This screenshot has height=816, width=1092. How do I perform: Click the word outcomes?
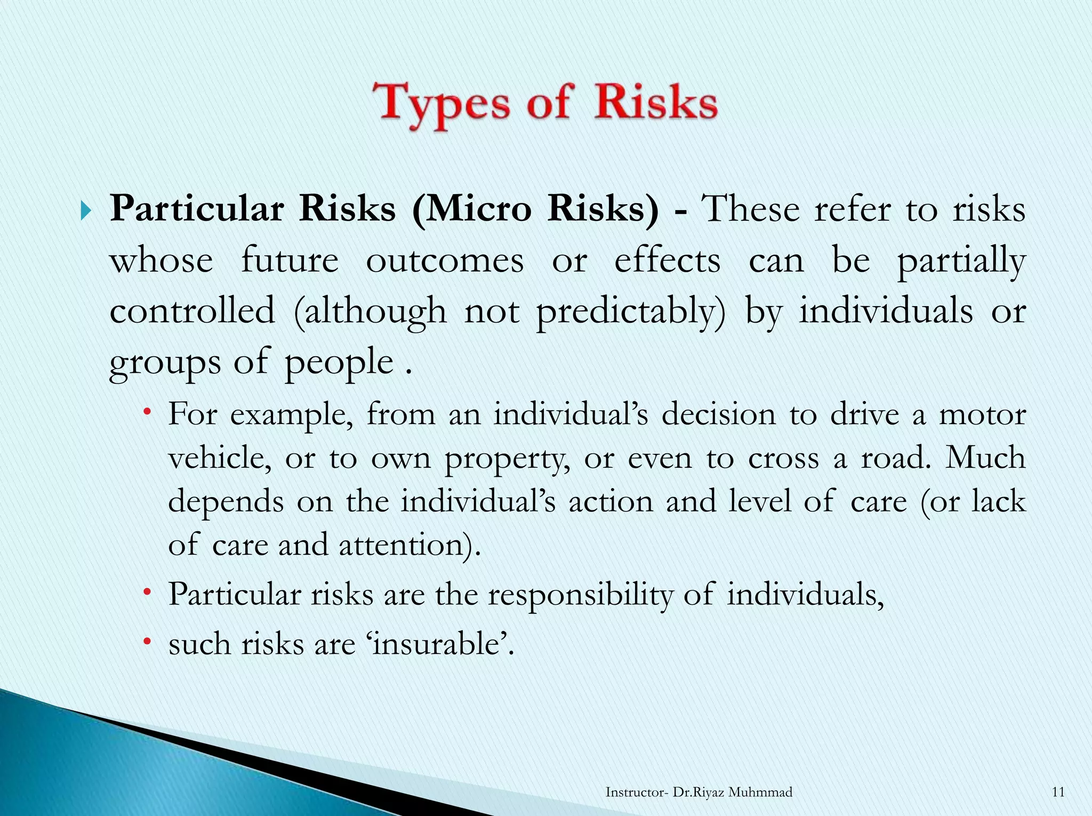(x=445, y=261)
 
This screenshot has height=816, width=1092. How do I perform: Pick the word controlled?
(x=192, y=311)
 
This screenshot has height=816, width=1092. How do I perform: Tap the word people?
(x=339, y=363)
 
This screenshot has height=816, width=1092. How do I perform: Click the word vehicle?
(x=219, y=459)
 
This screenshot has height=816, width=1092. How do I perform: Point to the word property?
(x=507, y=460)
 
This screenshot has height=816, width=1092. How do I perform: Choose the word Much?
(x=985, y=458)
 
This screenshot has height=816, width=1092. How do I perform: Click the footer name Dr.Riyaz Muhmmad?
(x=732, y=792)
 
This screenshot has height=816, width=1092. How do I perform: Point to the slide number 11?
(x=1058, y=792)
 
